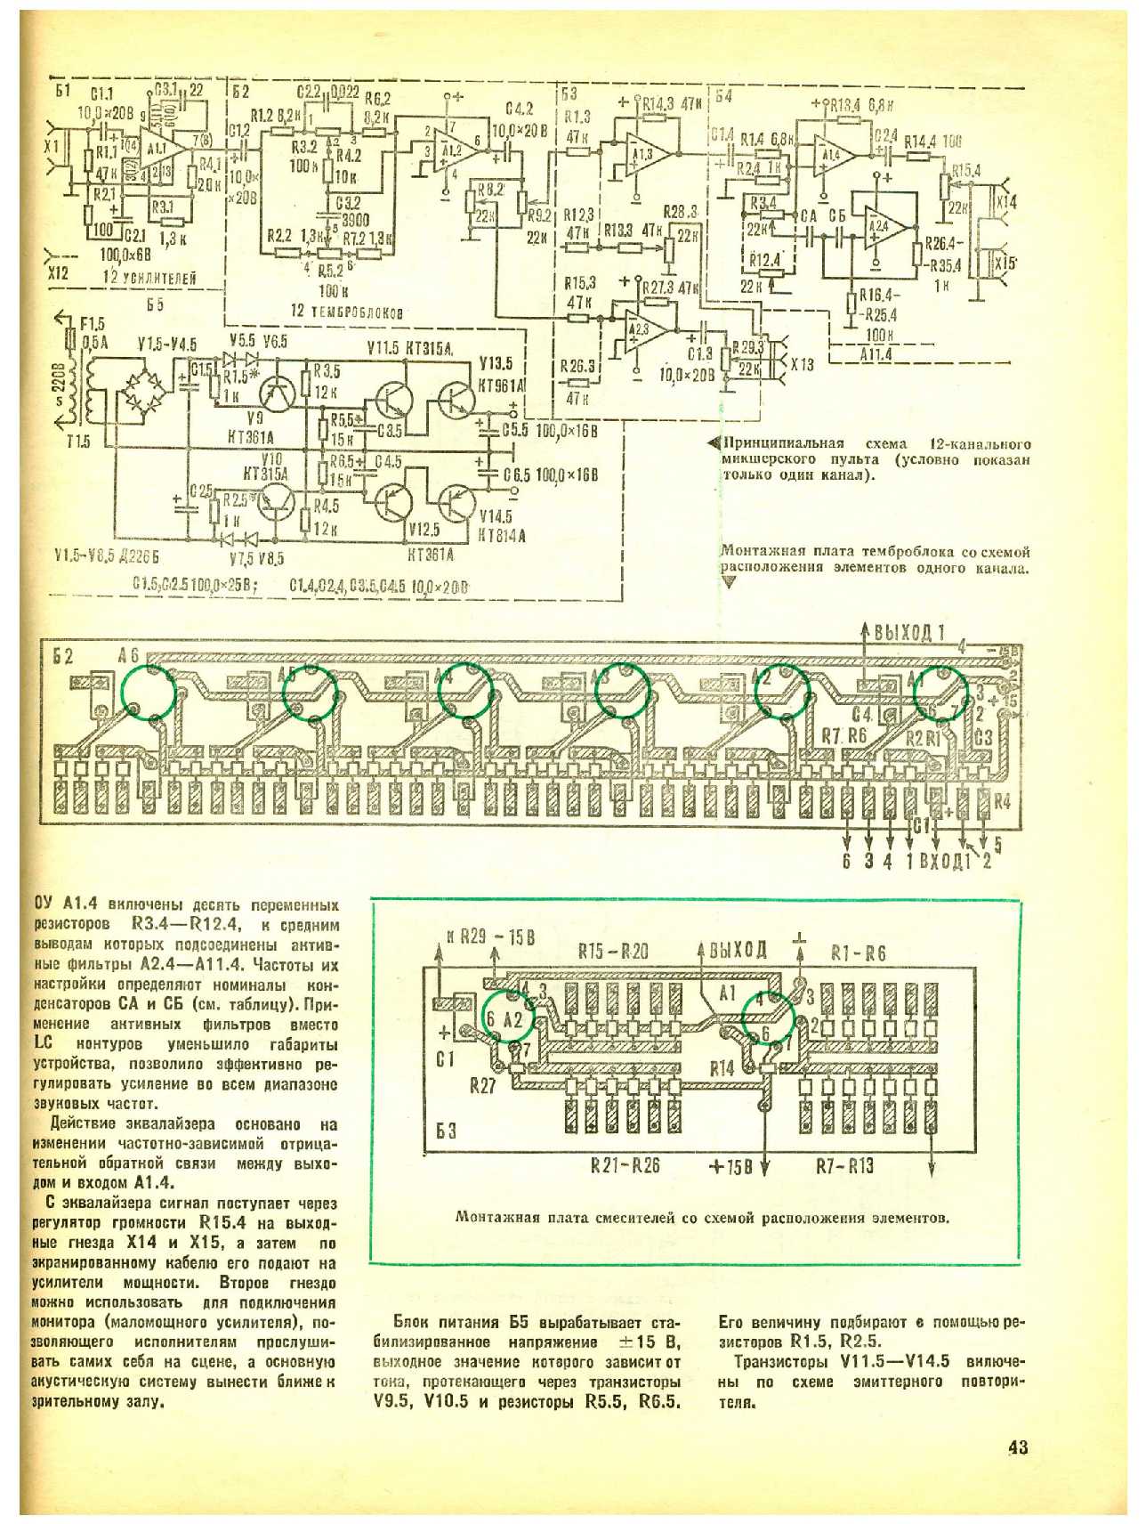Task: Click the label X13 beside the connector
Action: (x=802, y=364)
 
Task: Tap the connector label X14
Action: (x=1005, y=203)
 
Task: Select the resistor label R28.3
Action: (x=680, y=212)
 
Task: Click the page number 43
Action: (x=1018, y=1447)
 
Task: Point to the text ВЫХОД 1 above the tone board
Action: (x=908, y=634)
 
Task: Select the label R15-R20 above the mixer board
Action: (x=613, y=952)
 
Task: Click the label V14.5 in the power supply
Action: (x=501, y=516)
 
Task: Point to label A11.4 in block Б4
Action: (x=876, y=354)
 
